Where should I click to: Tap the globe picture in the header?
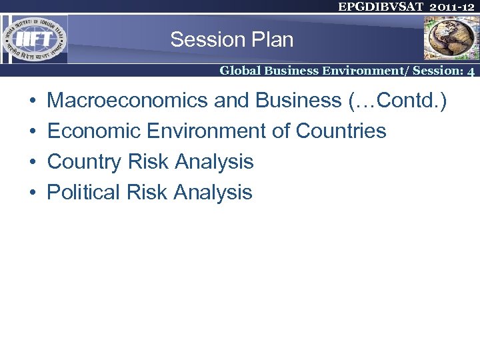[x=451, y=38]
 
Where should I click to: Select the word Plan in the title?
[x=272, y=40]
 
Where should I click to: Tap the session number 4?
[x=471, y=71]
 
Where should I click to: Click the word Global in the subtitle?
[x=241, y=70]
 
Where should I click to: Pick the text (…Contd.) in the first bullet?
[x=397, y=101]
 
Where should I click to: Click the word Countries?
[x=341, y=131]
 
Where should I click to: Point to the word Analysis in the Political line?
[x=213, y=193]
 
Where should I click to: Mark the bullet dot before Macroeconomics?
[x=33, y=101]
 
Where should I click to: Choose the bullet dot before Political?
[x=33, y=193]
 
